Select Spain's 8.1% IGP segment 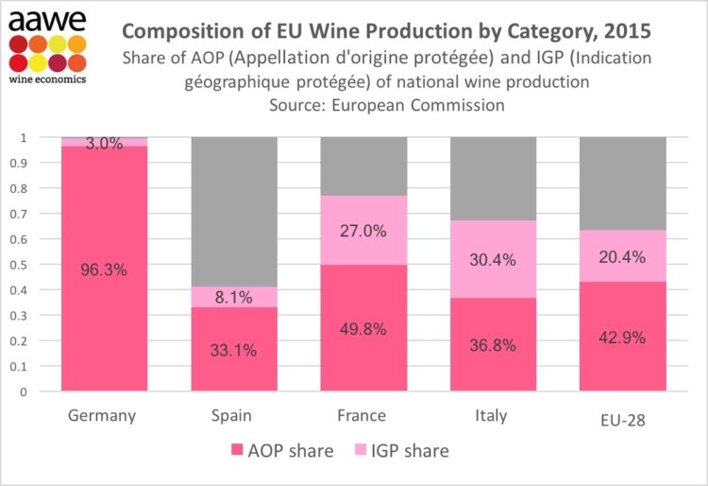point(234,297)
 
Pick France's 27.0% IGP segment point(362,231)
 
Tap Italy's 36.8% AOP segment point(492,345)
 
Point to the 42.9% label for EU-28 point(621,337)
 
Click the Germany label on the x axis point(104,416)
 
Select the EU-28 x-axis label point(622,417)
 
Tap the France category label point(362,416)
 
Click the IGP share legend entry point(406,450)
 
